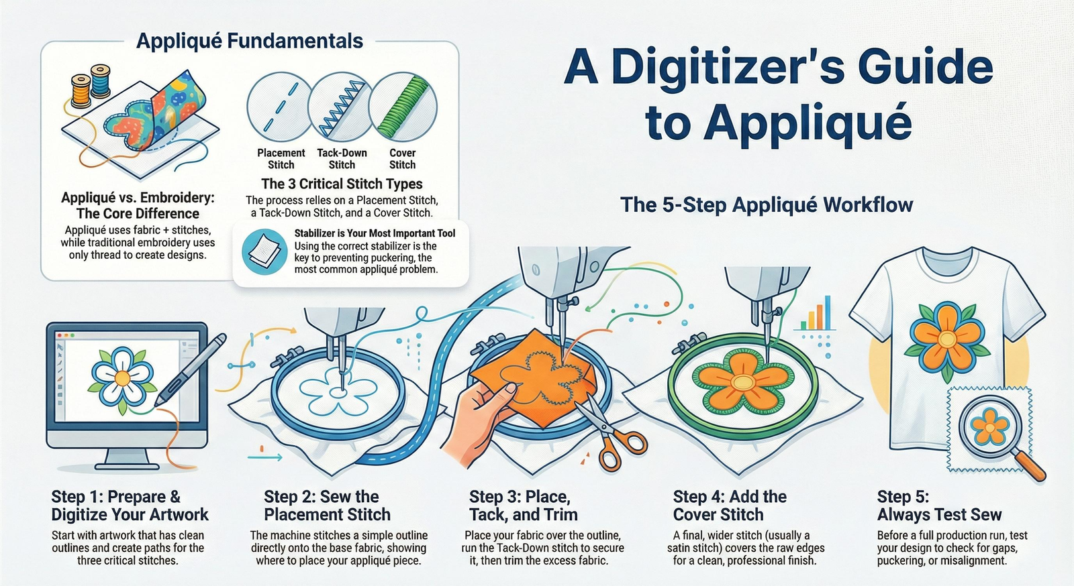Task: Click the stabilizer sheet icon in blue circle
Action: click(x=262, y=251)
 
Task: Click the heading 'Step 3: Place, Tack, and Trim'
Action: click(x=523, y=506)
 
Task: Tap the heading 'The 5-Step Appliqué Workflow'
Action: click(x=767, y=204)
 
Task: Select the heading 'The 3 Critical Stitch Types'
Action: click(x=342, y=184)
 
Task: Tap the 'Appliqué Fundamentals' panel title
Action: click(x=250, y=41)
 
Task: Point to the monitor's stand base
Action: click(x=127, y=463)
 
